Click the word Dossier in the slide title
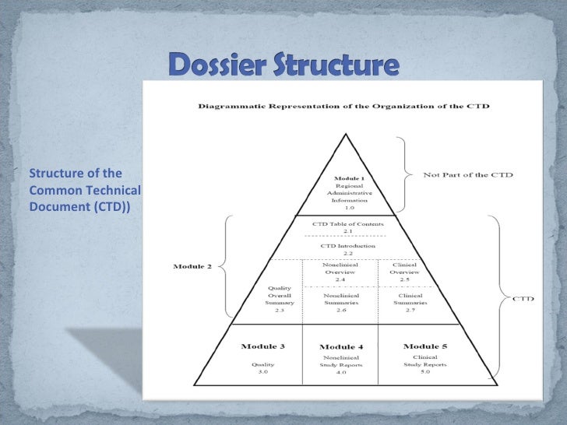[x=216, y=65]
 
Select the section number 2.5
[x=404, y=279]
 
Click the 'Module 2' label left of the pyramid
[x=192, y=267]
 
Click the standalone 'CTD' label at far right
[x=522, y=297]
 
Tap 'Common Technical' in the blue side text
[x=83, y=190]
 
